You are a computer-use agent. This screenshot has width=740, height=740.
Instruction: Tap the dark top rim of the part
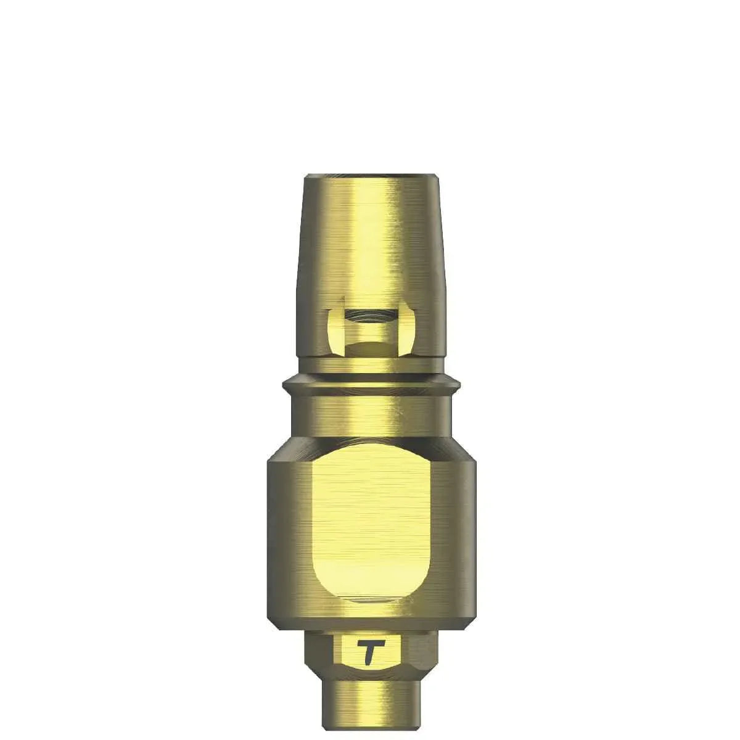pyautogui.click(x=371, y=178)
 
